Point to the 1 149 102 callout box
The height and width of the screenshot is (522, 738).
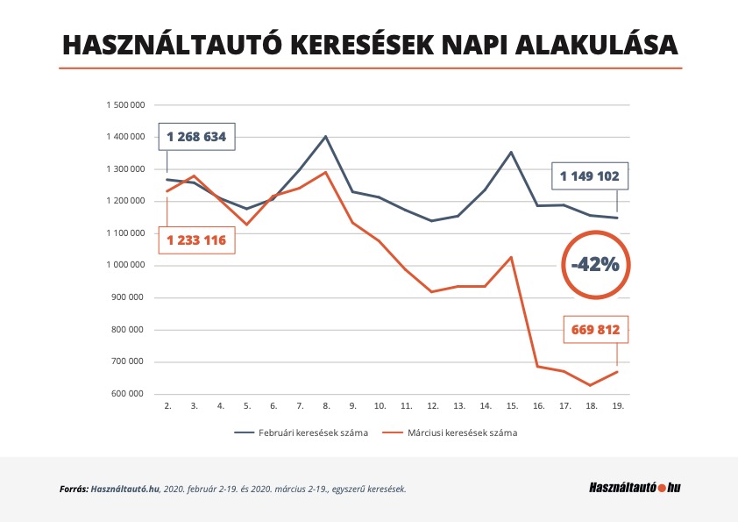[x=590, y=175]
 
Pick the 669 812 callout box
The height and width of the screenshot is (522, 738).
[x=597, y=330]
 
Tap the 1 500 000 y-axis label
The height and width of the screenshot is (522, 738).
[x=124, y=104]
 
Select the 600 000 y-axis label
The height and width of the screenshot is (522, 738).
[x=128, y=394]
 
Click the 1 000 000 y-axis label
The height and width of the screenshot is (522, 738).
[x=124, y=265]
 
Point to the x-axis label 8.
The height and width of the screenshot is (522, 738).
[x=327, y=406]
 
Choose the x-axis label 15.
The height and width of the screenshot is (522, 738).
[x=512, y=406]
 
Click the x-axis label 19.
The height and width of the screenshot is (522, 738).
[x=618, y=406]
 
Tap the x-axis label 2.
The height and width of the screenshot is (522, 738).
[x=167, y=406]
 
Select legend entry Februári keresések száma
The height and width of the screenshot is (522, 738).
[x=301, y=433]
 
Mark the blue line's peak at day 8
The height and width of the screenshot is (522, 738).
[x=326, y=136]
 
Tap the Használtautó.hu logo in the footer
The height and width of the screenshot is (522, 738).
[x=635, y=487]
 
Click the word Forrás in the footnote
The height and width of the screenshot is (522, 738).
[x=73, y=488]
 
